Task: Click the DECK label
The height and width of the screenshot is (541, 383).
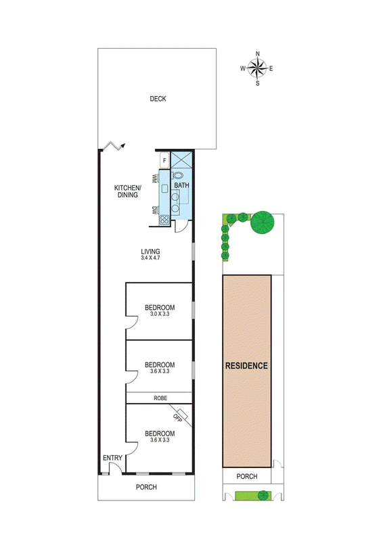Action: [x=158, y=99]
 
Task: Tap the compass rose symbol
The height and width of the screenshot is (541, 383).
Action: [x=258, y=68]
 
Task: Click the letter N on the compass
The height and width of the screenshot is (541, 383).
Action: [x=258, y=53]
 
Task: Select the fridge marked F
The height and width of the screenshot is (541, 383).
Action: [x=164, y=160]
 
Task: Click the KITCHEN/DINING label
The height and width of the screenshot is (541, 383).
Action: [x=127, y=191]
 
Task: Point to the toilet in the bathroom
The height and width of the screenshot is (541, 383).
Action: [x=177, y=176]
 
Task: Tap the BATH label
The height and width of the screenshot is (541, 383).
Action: [x=181, y=185]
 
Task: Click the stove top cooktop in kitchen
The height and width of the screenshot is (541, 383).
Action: [x=164, y=220]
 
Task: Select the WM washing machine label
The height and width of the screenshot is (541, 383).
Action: [x=155, y=179]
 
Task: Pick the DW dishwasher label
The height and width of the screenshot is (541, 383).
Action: [x=155, y=210]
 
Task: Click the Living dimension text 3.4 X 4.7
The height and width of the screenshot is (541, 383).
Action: [x=150, y=258]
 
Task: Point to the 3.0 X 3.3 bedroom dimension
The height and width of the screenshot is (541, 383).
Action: [x=160, y=314]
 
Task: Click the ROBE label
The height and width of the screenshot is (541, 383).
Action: [x=160, y=398]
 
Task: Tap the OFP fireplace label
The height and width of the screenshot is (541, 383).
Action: [x=177, y=418]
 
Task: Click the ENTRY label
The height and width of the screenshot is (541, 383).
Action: [x=112, y=458]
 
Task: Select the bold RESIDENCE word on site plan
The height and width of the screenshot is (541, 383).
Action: [x=246, y=366]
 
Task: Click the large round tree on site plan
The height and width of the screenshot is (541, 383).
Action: [x=263, y=222]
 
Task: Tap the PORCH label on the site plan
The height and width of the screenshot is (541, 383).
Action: [x=247, y=477]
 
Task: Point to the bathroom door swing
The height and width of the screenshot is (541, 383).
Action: [x=181, y=226]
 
